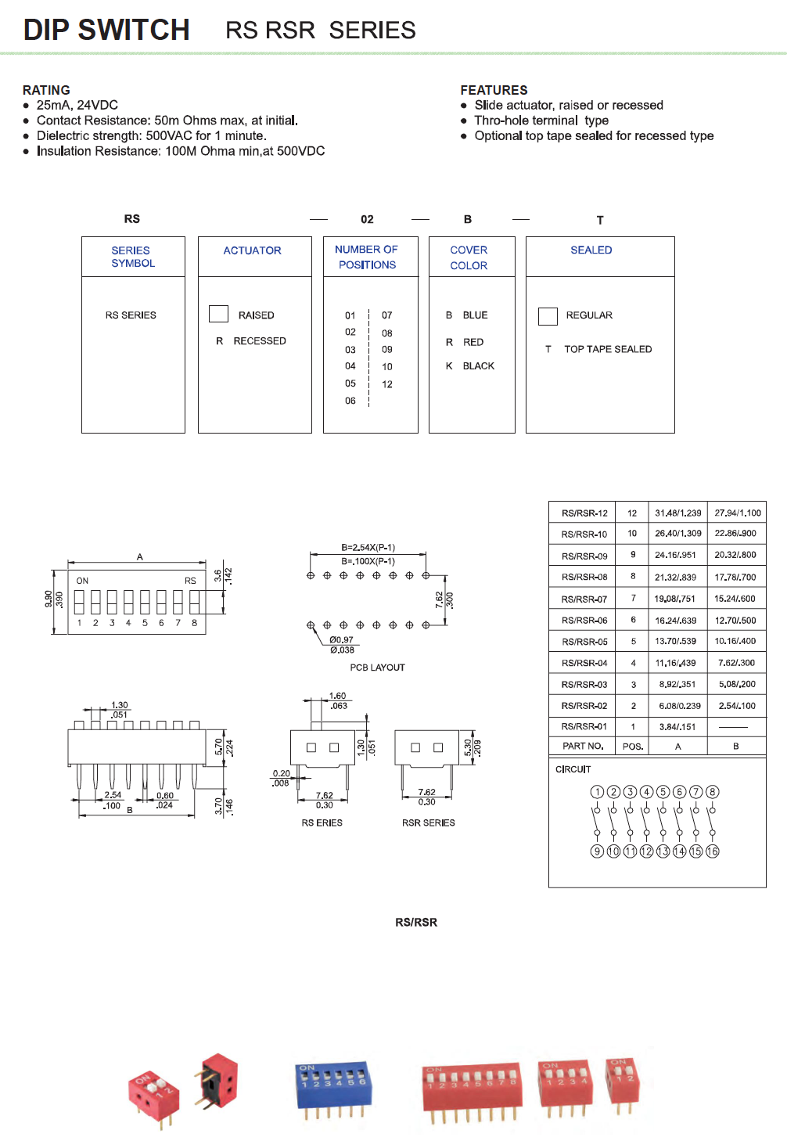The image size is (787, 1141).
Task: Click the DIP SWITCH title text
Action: pyautogui.click(x=106, y=30)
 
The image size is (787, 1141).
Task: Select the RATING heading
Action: pyautogui.click(x=46, y=90)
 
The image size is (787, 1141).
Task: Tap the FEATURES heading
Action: pyautogui.click(x=494, y=90)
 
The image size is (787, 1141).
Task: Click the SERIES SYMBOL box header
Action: pyautogui.click(x=133, y=257)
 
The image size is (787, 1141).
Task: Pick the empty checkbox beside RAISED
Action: pyautogui.click(x=218, y=314)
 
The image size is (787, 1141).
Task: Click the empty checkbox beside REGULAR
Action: pyautogui.click(x=548, y=315)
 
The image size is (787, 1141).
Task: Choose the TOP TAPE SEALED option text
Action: pyautogui.click(x=608, y=349)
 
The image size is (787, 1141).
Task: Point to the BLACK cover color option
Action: pyautogui.click(x=478, y=366)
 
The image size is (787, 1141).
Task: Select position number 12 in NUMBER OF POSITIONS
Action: pyautogui.click(x=387, y=384)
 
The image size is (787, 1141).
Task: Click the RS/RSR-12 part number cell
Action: pyautogui.click(x=584, y=513)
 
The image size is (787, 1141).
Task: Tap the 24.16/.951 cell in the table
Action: pyautogui.click(x=675, y=555)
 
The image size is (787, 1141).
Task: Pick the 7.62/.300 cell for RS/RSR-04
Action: pyautogui.click(x=737, y=663)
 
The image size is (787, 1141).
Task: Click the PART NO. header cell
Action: pyautogui.click(x=583, y=746)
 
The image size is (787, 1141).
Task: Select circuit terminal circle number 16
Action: pyautogui.click(x=712, y=851)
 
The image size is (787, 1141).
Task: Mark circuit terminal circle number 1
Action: pyautogui.click(x=597, y=792)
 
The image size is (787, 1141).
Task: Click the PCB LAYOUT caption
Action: pyautogui.click(x=377, y=668)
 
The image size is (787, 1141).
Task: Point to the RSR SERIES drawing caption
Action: pyautogui.click(x=428, y=822)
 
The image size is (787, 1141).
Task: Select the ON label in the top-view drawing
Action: pyautogui.click(x=82, y=581)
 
